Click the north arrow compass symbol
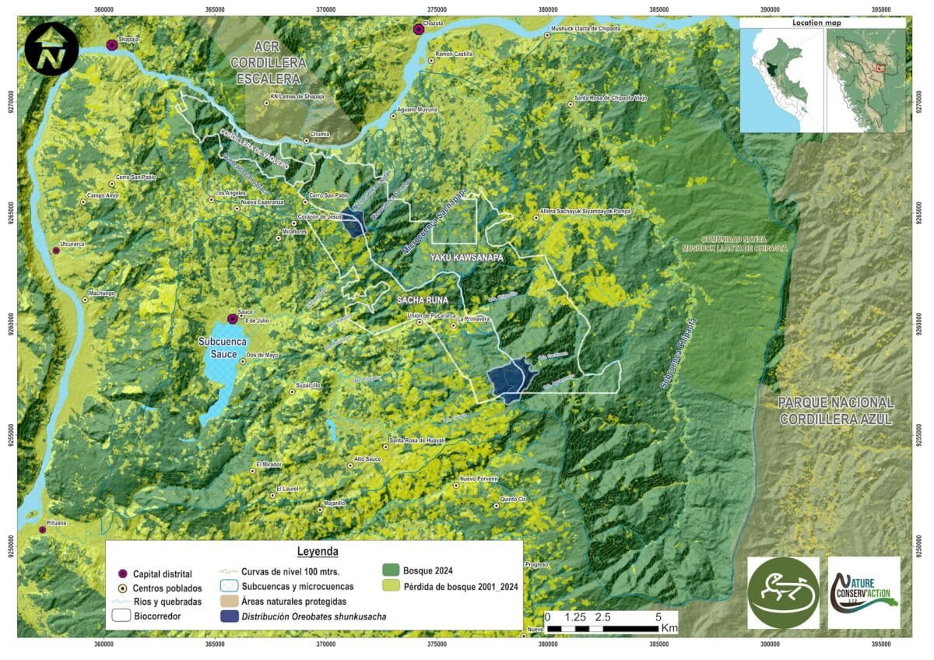(x=51, y=48)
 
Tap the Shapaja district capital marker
(x=112, y=45)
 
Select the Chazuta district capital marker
(x=419, y=30)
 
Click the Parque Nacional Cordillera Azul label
(x=835, y=409)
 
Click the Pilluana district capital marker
(x=43, y=530)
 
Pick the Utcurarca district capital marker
(x=56, y=251)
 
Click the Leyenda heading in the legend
(x=317, y=551)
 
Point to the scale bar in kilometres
(x=603, y=627)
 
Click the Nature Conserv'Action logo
(x=864, y=592)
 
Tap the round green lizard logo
(x=782, y=592)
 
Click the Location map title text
(x=816, y=23)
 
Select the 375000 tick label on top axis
(x=437, y=9)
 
